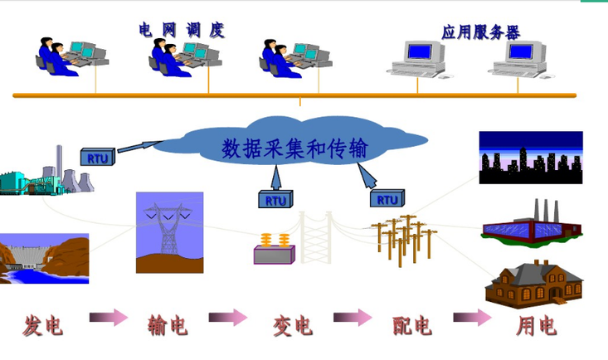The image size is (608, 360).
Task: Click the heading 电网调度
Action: click(182, 31)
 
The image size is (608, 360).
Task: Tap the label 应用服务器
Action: click(481, 32)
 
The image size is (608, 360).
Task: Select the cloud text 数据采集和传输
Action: click(294, 149)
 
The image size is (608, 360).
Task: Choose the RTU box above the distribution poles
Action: click(387, 199)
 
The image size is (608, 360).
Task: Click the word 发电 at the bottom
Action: click(44, 325)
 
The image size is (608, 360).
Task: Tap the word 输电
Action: click(168, 325)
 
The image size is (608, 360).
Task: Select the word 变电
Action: click(292, 325)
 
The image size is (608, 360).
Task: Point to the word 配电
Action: click(412, 325)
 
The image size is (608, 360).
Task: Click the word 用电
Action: click(536, 325)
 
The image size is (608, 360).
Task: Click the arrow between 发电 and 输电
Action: click(108, 318)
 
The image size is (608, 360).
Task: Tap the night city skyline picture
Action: click(530, 157)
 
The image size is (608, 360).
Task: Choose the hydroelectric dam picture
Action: click(43, 258)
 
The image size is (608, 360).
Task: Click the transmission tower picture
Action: click(168, 233)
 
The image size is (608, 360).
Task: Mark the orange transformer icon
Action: click(275, 249)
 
